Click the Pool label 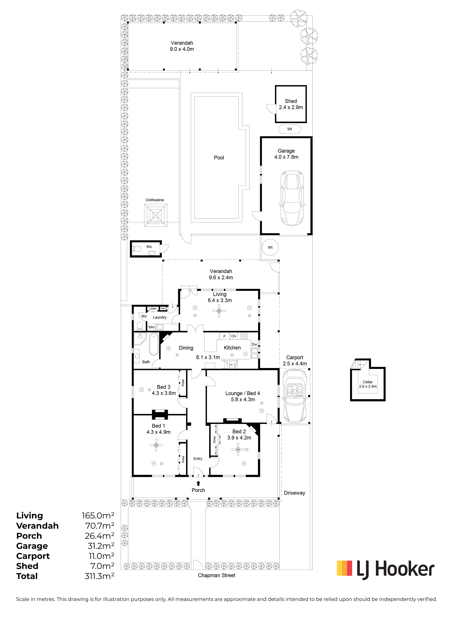[x=219, y=158]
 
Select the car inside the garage [x=292, y=198]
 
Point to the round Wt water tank [x=270, y=247]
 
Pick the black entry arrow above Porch [x=198, y=483]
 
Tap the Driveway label [x=294, y=493]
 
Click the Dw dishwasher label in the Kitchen [x=254, y=344]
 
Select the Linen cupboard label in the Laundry [x=153, y=309]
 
